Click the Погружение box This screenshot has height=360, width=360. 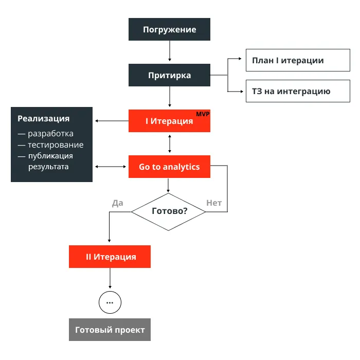[169, 29]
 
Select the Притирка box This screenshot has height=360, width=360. [169, 75]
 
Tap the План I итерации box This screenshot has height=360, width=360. [291, 60]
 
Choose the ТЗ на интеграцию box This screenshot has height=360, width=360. [291, 91]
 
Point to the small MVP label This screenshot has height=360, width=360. [203, 114]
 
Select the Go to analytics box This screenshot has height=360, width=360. [169, 167]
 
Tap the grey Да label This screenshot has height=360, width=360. [118, 203]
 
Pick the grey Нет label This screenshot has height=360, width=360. [214, 203]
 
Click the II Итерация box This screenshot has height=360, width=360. [110, 257]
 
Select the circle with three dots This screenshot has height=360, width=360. [110, 302]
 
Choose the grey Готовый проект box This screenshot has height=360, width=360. [110, 330]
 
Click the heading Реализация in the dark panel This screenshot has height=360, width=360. [44, 119]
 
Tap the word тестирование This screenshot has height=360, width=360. [56, 145]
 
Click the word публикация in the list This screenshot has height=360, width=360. [50, 156]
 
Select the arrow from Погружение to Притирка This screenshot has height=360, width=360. [169, 52]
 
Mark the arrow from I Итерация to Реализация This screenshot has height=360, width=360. [111, 121]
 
